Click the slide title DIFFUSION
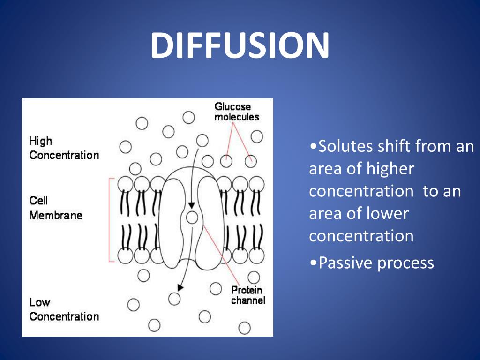pos(240,45)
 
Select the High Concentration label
pos(64,148)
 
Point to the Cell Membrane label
pos(55,208)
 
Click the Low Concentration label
pos(64,309)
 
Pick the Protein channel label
pos(247,295)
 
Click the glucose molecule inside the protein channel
pos(192,217)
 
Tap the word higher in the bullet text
pos(391,169)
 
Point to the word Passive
pos(345,263)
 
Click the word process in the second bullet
pos(405,263)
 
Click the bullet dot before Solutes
pos(313,147)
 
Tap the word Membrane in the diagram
pos(55,216)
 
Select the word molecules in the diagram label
pos(236,117)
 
